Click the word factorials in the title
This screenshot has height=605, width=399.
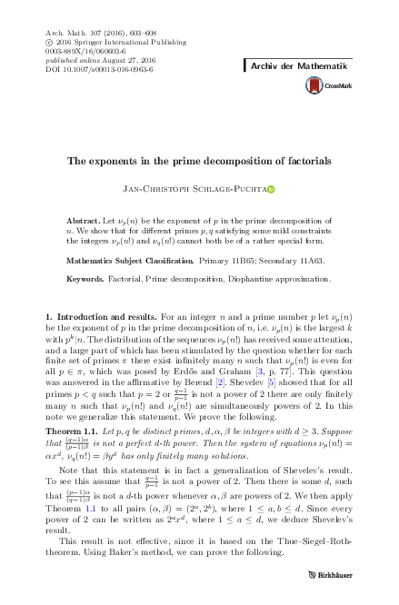click(305, 160)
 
